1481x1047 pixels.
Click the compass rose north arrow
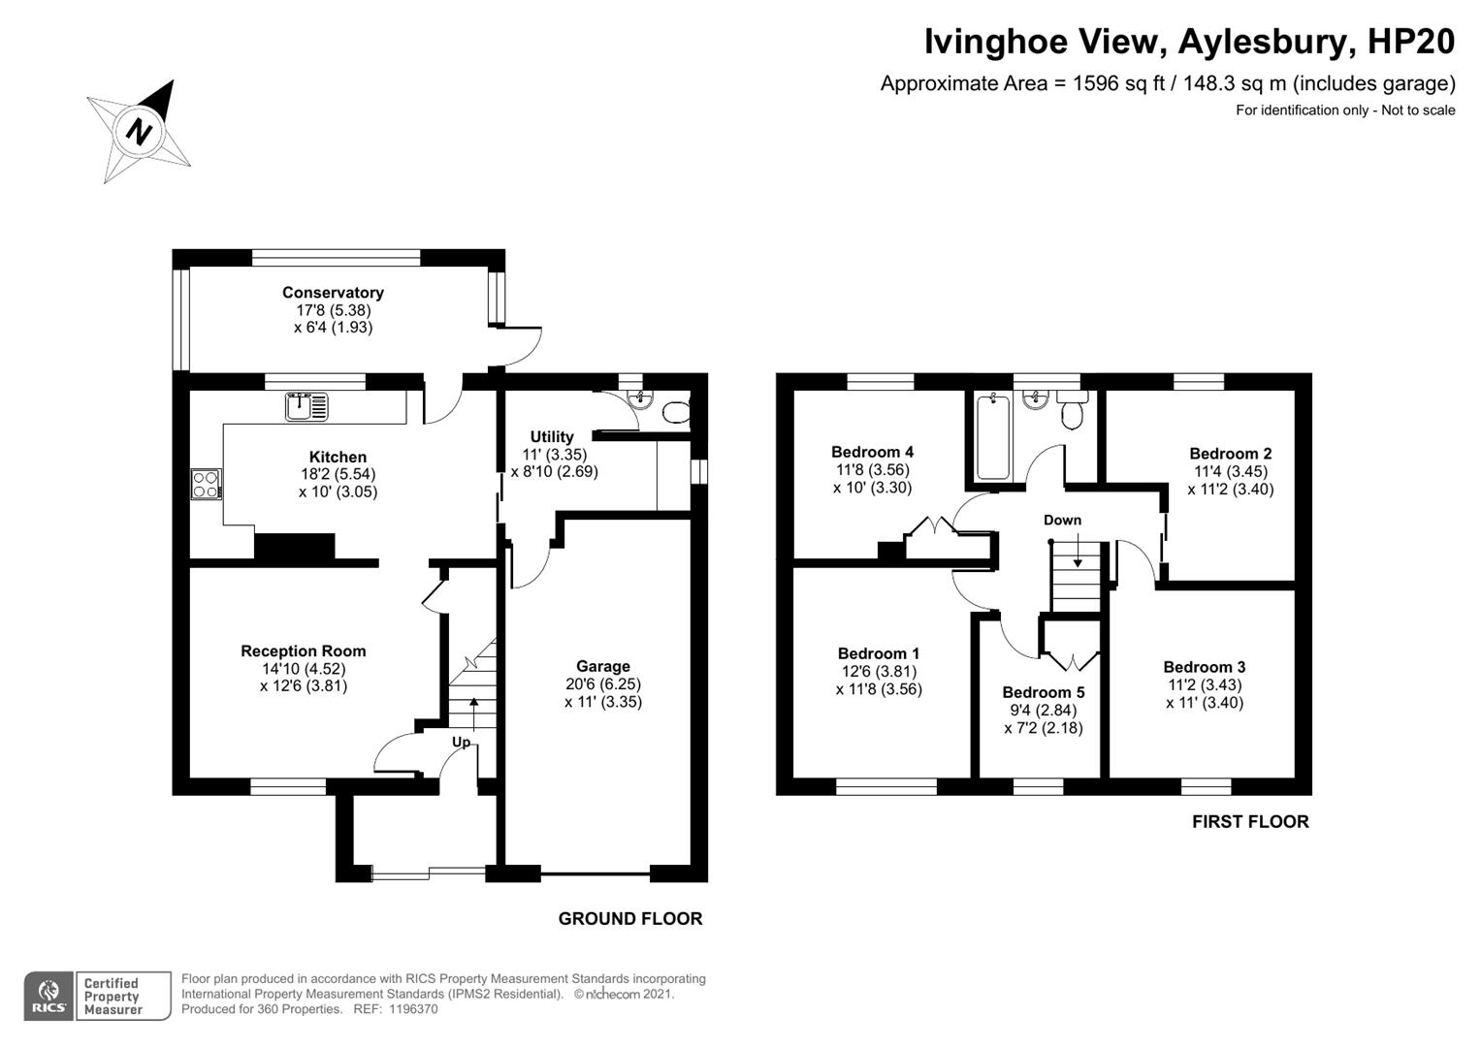point(140,130)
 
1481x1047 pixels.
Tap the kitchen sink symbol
point(307,406)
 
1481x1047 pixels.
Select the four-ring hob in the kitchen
point(206,483)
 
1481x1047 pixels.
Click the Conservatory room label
point(333,293)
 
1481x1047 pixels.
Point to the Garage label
point(602,666)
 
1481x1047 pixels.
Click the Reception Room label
point(303,651)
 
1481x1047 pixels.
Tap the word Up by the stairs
point(461,742)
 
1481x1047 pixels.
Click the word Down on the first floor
point(1062,521)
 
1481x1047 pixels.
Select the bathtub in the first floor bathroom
point(993,436)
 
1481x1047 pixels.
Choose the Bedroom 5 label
point(1043,692)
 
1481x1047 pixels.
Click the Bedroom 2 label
point(1230,454)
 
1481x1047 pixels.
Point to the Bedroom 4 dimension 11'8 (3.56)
point(872,470)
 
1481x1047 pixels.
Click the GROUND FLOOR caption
point(629,918)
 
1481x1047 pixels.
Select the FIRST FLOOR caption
point(1249,821)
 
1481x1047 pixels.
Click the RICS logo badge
point(48,996)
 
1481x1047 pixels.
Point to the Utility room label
point(551,437)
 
